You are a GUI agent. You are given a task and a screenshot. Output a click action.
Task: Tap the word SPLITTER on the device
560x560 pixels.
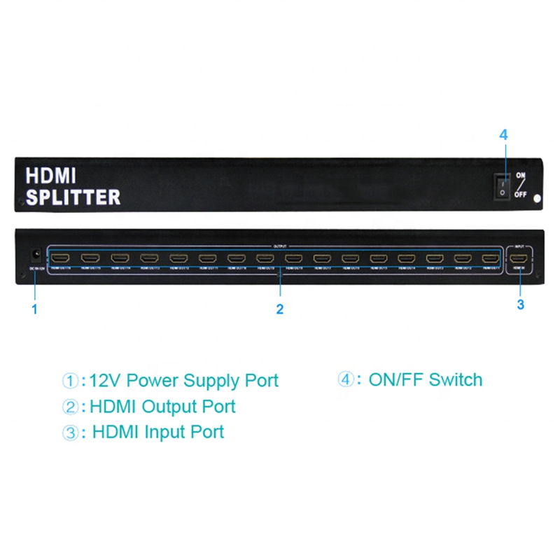[x=73, y=197]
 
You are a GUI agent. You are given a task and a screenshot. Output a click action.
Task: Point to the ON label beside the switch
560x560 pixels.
[x=521, y=176]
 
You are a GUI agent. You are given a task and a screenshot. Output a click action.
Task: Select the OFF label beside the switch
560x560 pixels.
[x=521, y=195]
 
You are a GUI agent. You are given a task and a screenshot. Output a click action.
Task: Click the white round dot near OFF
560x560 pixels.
[x=538, y=199]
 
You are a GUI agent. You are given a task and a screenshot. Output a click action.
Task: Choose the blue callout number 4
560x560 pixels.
[x=503, y=136]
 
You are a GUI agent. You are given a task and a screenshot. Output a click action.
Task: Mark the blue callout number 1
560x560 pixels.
[x=33, y=307]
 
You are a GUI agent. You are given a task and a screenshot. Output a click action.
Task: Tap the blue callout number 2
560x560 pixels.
[x=279, y=309]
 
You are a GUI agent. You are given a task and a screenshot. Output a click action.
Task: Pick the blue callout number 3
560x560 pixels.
[x=520, y=304]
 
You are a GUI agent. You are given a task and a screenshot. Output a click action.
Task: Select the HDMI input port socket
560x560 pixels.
[x=519, y=258]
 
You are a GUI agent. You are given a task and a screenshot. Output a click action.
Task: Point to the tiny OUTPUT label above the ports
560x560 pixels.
[x=279, y=246]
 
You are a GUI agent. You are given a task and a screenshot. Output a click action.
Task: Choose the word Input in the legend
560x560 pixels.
[x=167, y=431]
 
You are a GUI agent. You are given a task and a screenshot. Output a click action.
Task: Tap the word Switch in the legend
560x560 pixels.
[x=456, y=380]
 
